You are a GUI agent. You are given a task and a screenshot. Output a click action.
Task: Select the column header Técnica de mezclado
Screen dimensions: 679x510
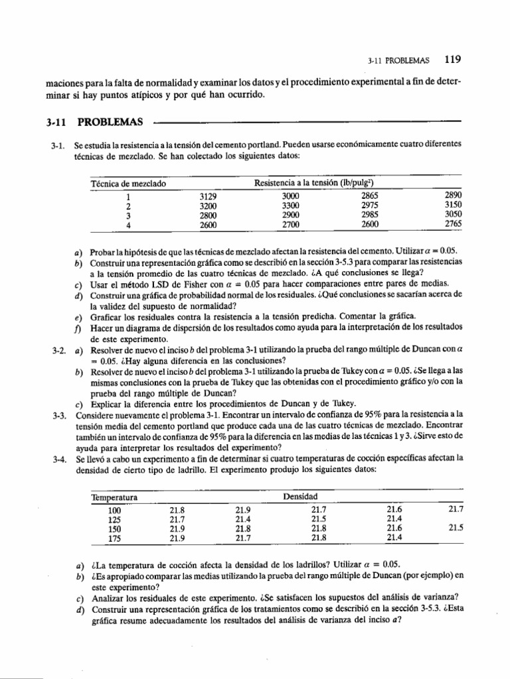tap(127, 183)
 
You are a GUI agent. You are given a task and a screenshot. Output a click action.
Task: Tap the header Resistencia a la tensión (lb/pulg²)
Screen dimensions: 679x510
tap(317, 183)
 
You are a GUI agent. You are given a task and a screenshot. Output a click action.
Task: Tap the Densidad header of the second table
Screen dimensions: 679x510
tap(300, 496)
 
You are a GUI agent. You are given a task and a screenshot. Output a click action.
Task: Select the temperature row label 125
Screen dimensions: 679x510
tap(114, 519)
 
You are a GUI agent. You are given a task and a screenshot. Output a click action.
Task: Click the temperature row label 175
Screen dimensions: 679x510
tap(114, 537)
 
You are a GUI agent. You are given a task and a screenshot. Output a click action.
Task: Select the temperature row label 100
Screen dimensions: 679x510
tap(114, 509)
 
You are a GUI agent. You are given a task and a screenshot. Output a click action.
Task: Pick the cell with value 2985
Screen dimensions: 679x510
tap(370, 215)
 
